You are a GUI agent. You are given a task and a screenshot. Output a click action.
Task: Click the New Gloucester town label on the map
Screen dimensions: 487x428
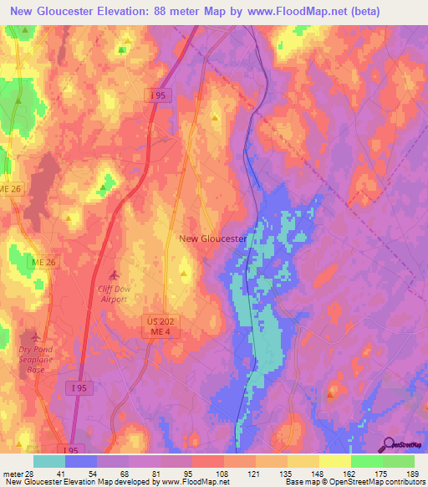click(x=213, y=238)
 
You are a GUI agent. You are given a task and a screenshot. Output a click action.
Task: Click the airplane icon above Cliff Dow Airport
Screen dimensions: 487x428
click(x=115, y=274)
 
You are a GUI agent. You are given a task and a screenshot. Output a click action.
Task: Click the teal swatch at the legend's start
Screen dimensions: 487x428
click(x=49, y=461)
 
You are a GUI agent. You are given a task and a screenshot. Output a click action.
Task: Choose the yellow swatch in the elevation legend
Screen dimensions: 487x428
click(x=335, y=461)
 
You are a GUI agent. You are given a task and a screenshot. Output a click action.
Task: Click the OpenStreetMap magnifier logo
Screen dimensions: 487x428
click(x=388, y=444)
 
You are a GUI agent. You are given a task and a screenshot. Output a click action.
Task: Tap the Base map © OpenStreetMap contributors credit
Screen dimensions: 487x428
click(x=354, y=483)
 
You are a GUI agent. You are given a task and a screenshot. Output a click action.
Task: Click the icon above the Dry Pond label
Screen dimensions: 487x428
click(x=34, y=337)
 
